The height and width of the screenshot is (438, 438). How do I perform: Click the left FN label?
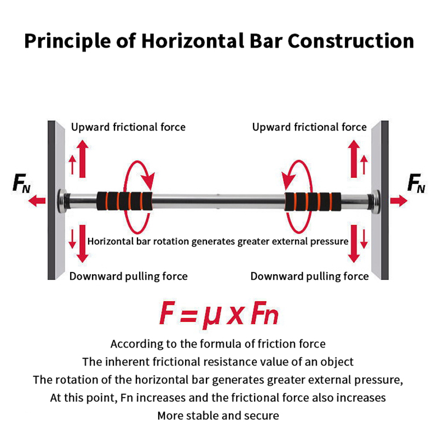(21, 185)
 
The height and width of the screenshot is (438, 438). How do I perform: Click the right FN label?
(417, 185)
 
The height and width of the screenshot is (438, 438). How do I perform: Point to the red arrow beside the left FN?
(37, 201)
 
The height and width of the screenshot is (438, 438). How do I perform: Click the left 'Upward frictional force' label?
(128, 127)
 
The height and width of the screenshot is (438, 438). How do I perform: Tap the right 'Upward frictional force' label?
(309, 127)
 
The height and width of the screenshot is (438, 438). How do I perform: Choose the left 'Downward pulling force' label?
(128, 276)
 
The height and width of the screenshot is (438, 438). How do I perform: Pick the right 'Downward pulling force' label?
(309, 276)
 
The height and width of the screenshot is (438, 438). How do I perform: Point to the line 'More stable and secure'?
(218, 415)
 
